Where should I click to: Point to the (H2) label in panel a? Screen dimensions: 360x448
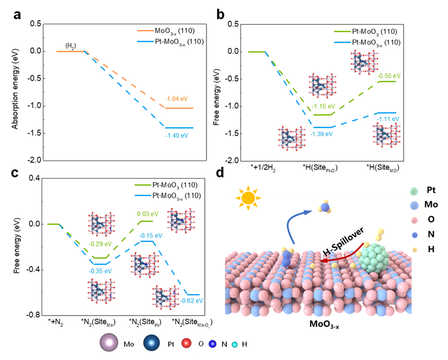pos(70,45)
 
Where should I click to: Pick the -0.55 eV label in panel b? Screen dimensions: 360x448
pos(389,75)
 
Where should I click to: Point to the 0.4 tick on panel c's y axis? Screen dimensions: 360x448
pos(35,178)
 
